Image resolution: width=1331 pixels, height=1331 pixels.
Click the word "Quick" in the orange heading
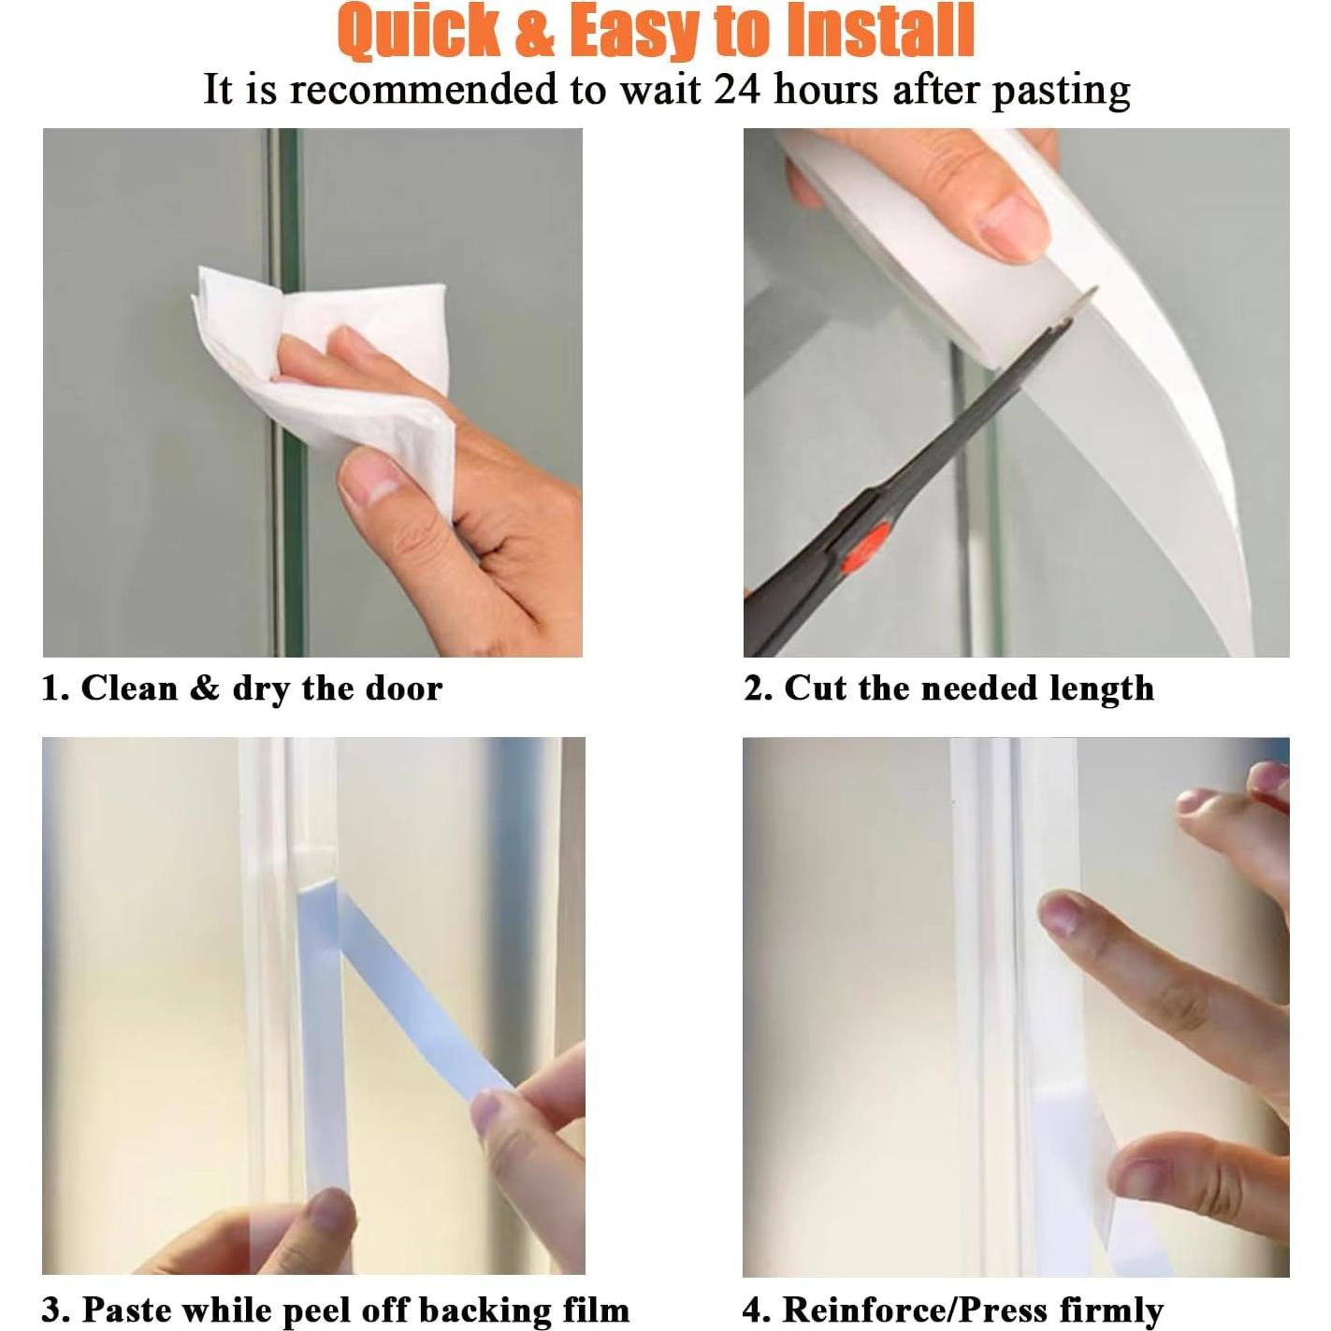420,31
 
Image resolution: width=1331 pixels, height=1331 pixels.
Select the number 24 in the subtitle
737,91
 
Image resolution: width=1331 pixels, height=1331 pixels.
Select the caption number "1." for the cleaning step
55,688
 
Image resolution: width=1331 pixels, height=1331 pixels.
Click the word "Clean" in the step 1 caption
129,688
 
